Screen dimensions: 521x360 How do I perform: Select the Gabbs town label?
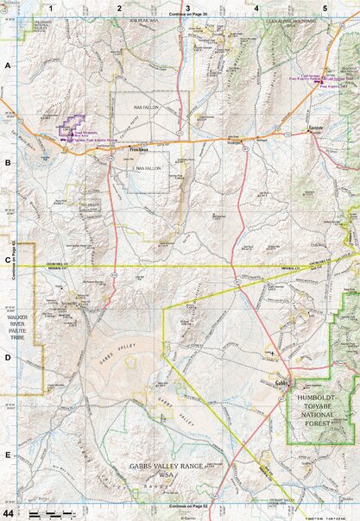281,382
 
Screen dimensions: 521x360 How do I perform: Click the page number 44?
9,513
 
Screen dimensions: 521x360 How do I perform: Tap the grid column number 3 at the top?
188,7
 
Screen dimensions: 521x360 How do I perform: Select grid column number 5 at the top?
325,7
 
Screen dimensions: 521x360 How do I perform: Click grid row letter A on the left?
8,66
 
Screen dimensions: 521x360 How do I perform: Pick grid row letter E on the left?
8,455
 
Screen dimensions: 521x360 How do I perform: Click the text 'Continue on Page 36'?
189,16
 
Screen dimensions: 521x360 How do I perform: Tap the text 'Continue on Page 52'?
189,506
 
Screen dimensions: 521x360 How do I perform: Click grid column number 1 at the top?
52,7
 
